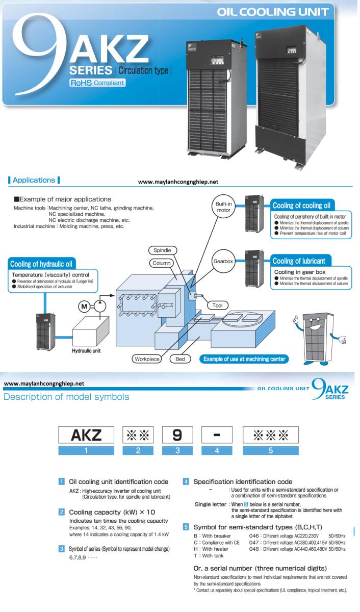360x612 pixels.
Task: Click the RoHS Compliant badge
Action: [x=97, y=83]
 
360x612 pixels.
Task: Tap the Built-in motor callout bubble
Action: [x=223, y=207]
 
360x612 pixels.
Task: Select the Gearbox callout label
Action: [x=223, y=261]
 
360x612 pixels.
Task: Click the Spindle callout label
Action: [x=162, y=250]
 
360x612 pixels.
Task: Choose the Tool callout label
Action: [x=218, y=305]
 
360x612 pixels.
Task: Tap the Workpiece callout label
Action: [x=147, y=359]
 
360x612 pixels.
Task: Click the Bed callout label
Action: [x=180, y=359]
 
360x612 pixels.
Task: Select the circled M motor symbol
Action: [x=84, y=306]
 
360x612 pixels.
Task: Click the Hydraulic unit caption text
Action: [x=86, y=351]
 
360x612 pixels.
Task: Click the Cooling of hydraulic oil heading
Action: [x=42, y=264]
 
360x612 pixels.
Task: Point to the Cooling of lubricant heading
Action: [x=298, y=261]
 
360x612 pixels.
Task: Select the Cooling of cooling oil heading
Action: [x=301, y=206]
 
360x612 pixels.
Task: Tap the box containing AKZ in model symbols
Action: [x=86, y=435]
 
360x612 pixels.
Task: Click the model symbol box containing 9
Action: [x=177, y=435]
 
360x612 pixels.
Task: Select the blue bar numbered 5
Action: [x=270, y=450]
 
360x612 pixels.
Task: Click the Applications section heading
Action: [x=34, y=180]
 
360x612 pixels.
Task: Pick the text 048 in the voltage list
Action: [x=254, y=549]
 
